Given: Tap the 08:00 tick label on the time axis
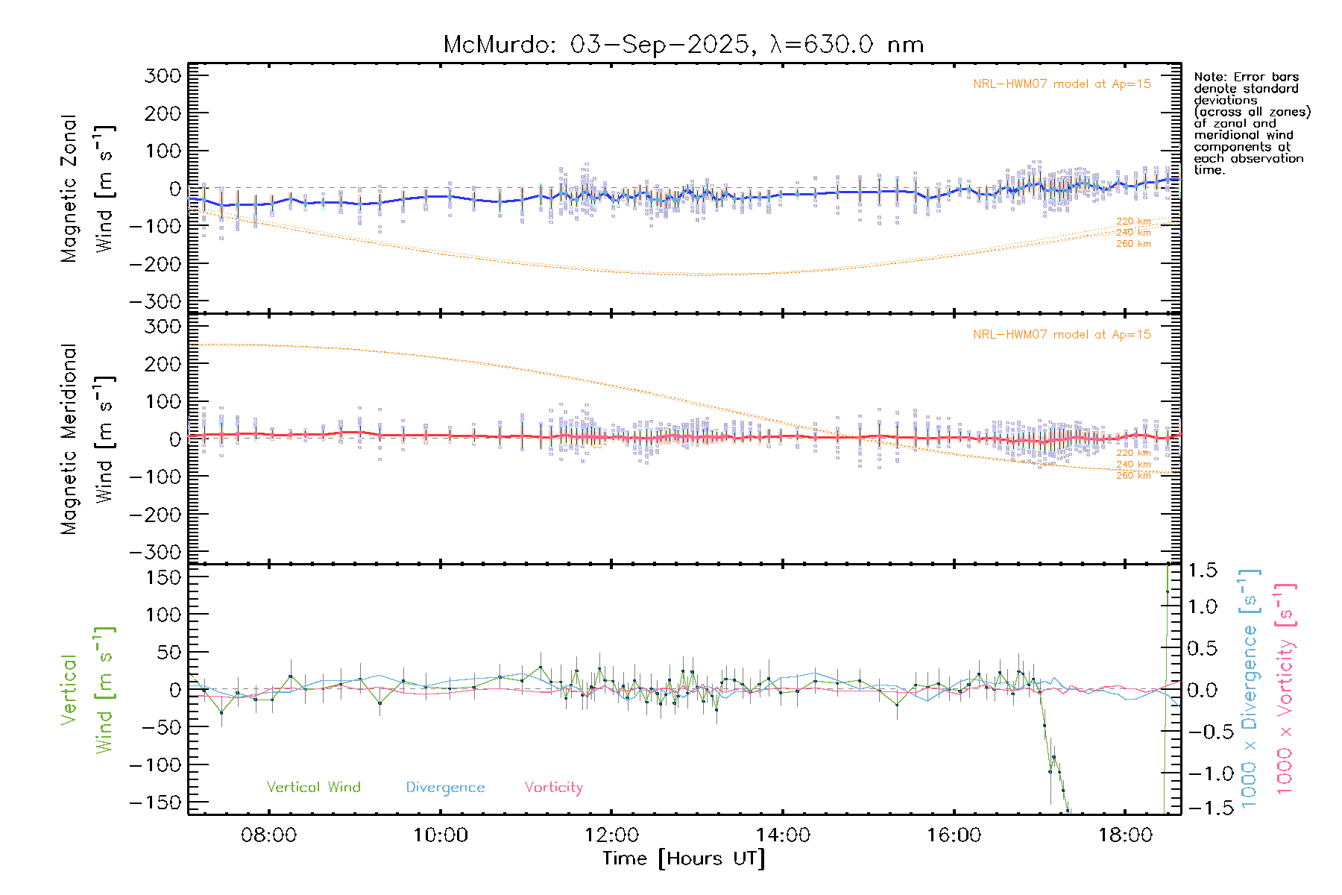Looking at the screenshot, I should [x=268, y=835].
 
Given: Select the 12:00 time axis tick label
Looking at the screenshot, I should [x=611, y=835].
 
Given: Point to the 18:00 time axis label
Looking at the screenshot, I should [x=1125, y=835].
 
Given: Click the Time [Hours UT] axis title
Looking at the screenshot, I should [x=684, y=858].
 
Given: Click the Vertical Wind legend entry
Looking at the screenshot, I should [x=313, y=788].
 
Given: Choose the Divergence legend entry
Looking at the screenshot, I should [x=445, y=788].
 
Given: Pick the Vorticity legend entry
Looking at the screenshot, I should [x=553, y=788].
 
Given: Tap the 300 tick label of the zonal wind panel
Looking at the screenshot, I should [x=163, y=75].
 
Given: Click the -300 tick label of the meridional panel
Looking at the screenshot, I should [x=155, y=552].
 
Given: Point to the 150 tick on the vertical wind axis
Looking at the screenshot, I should [x=163, y=577].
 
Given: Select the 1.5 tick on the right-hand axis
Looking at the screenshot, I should [x=1203, y=571].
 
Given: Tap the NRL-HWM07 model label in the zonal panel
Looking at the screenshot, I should [x=1062, y=84].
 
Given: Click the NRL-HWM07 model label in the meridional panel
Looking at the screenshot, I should [x=1062, y=335].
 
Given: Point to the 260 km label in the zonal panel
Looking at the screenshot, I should [x=1133, y=244].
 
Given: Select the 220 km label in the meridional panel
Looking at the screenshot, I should [x=1133, y=453].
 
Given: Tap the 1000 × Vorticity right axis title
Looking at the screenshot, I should [x=1285, y=688].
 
